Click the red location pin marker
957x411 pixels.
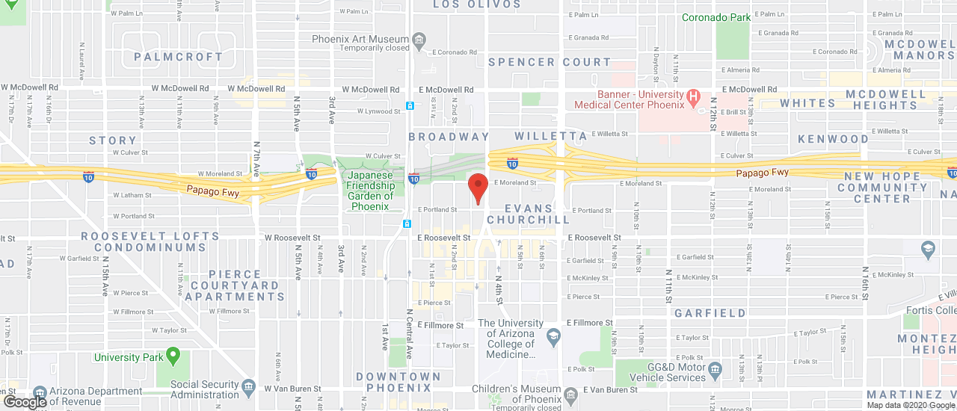point(478,187)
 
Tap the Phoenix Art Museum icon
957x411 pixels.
point(419,39)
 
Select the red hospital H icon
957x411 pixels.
point(693,96)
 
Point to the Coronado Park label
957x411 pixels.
point(715,17)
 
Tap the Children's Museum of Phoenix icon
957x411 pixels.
point(570,394)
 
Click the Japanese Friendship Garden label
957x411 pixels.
point(370,191)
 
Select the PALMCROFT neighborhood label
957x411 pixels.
point(178,57)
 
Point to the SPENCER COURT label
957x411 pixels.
point(550,62)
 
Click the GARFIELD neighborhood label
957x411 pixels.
point(710,313)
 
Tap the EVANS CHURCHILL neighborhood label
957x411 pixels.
point(528,214)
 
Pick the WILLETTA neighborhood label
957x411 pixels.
point(551,136)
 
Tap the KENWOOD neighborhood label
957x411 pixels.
point(833,139)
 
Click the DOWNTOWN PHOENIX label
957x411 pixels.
point(399,382)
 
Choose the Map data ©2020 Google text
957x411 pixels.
point(910,405)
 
